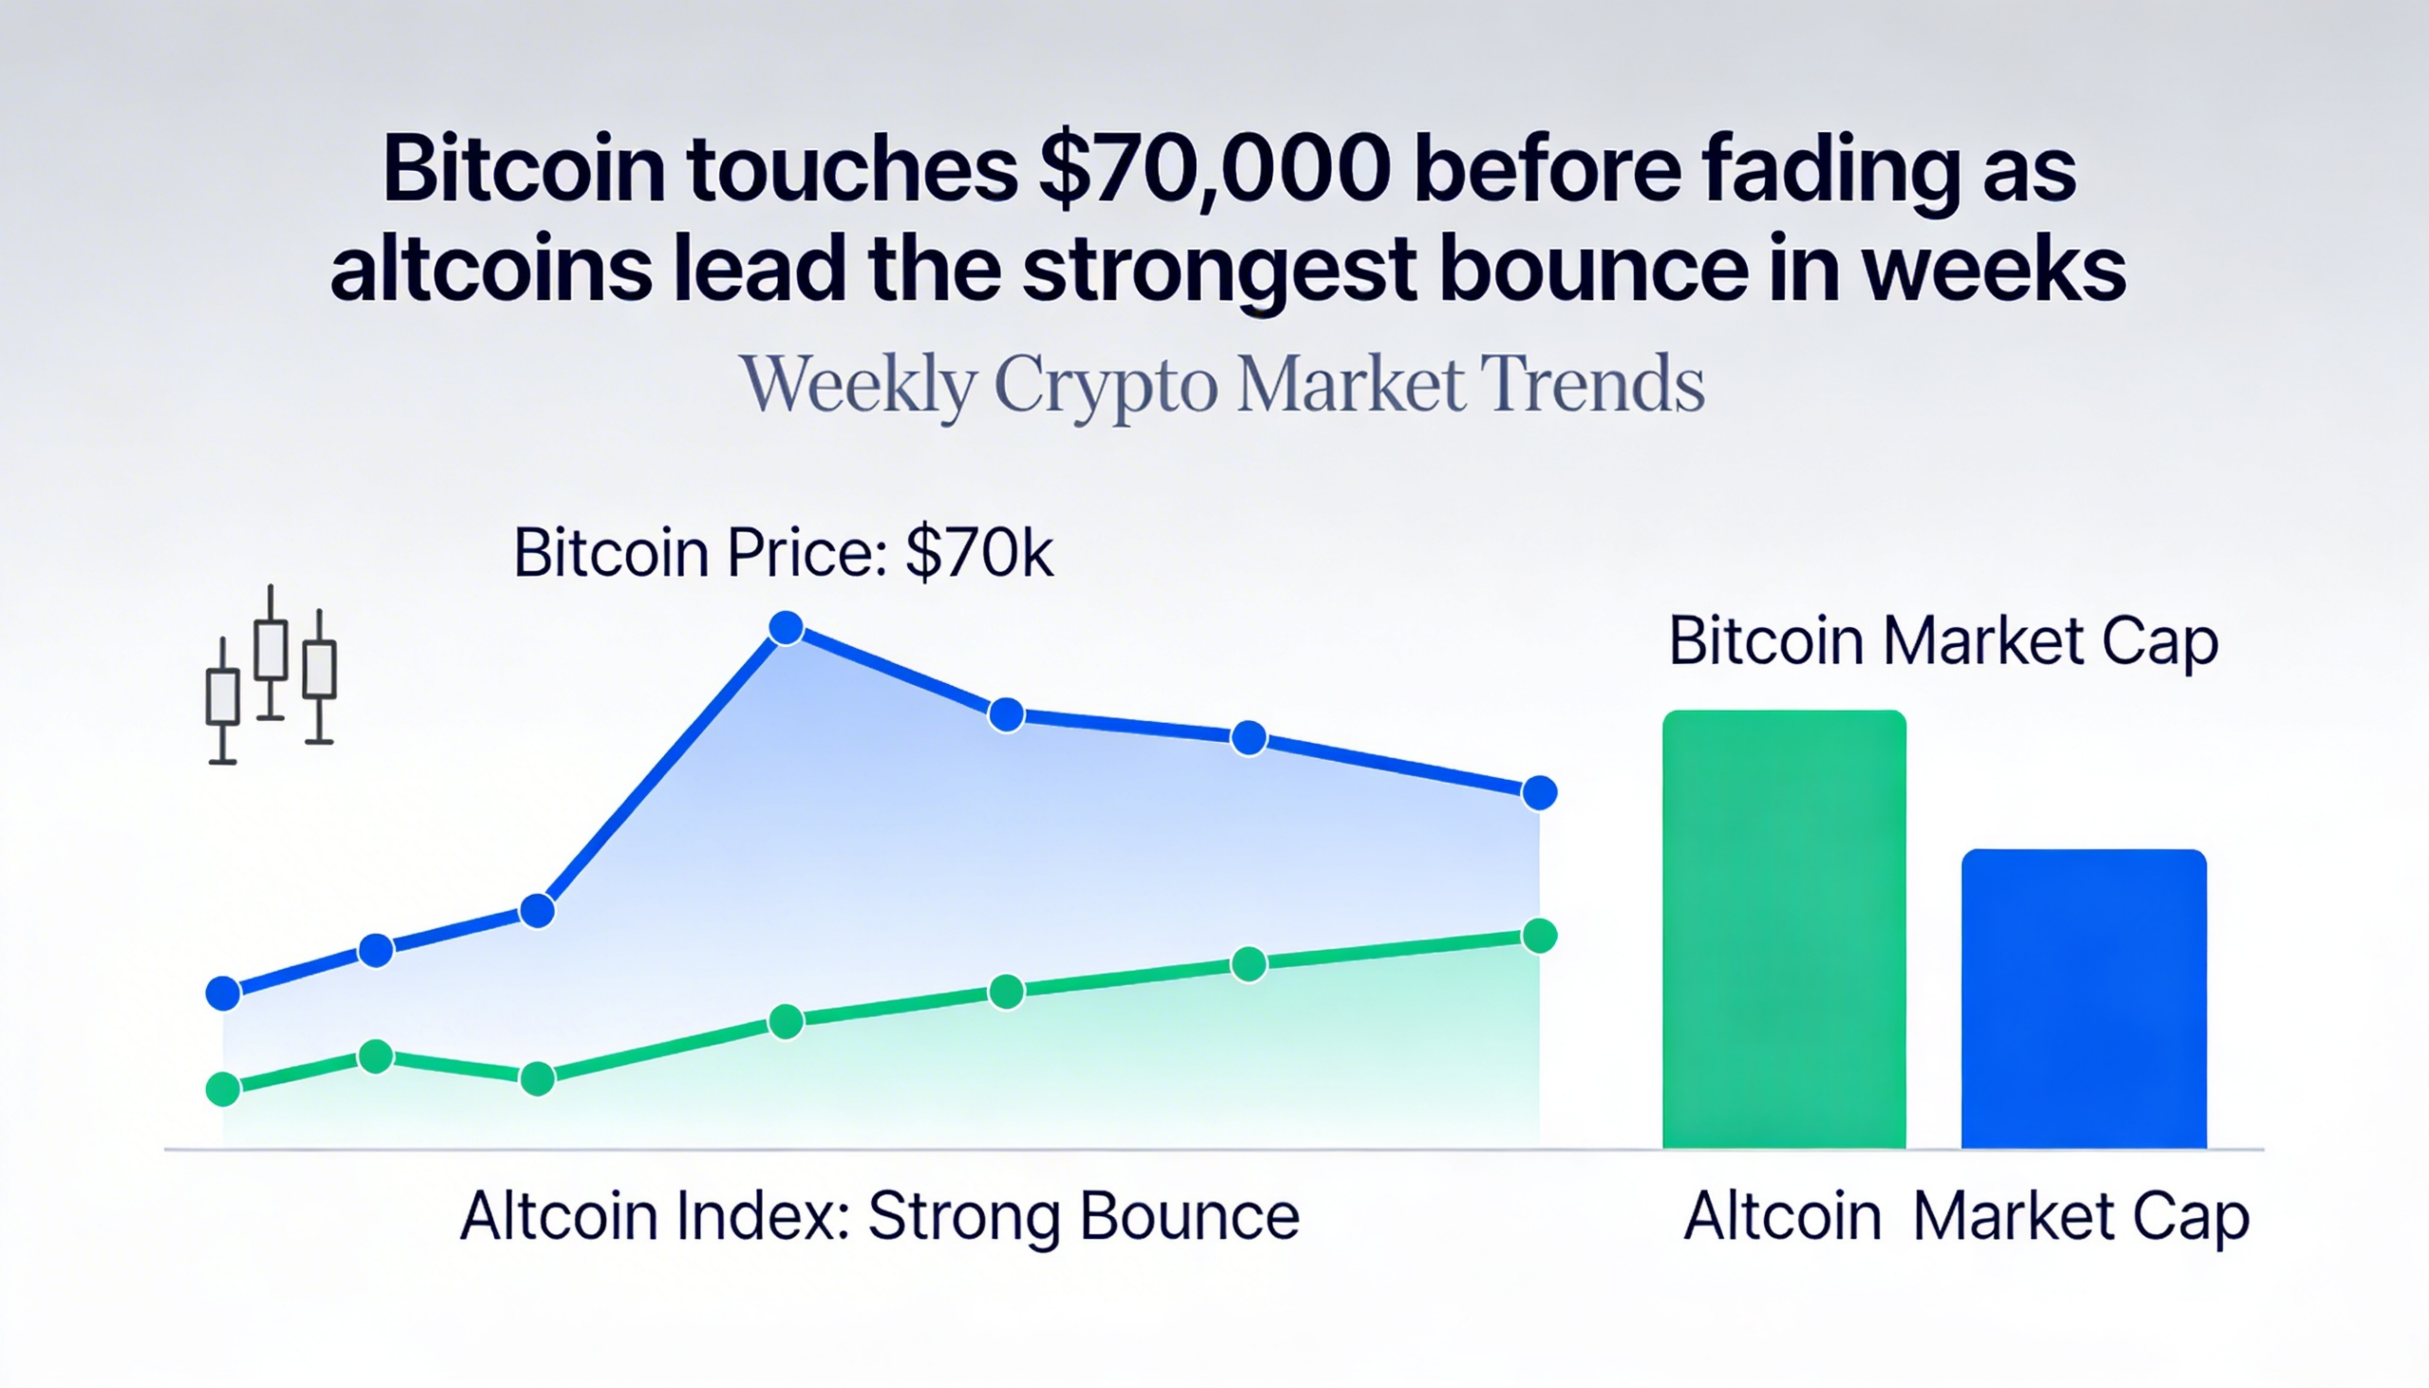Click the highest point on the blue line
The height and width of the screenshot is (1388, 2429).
click(x=786, y=628)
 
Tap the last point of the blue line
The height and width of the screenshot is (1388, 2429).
click(x=1540, y=792)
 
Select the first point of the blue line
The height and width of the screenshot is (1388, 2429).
click(x=223, y=993)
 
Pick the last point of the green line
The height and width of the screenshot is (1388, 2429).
click(x=1540, y=936)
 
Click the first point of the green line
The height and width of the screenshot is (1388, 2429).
click(x=223, y=1088)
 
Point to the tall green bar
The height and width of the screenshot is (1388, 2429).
click(x=1784, y=930)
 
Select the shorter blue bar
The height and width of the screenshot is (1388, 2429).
click(x=2084, y=999)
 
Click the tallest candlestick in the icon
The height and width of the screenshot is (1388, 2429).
click(x=271, y=652)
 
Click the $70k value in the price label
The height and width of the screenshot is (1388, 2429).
click(x=979, y=553)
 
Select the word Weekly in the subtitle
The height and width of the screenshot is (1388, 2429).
click(x=858, y=384)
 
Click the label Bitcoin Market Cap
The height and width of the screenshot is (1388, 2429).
click(x=1943, y=641)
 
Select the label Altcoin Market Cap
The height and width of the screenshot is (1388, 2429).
click(x=1966, y=1217)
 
